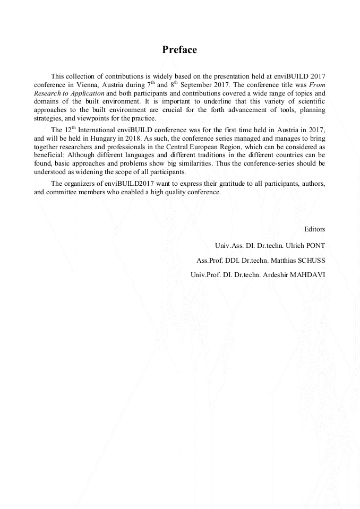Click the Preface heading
coord(179,50)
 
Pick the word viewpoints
coord(91,118)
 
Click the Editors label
coord(314,229)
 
